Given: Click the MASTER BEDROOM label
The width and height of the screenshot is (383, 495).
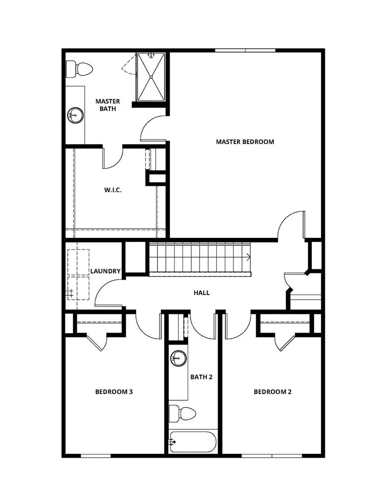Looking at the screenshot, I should click(x=245, y=141).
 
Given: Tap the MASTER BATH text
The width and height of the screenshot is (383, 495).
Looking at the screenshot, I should click(x=107, y=105).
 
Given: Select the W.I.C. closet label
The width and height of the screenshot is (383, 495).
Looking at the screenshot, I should click(x=113, y=190).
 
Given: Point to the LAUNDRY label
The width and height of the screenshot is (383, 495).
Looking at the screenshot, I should click(x=106, y=271).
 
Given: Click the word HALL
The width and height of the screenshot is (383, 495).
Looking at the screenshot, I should click(x=201, y=293).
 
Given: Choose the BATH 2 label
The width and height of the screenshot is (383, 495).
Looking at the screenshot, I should click(x=201, y=376).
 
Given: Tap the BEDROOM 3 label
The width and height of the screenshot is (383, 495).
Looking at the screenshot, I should click(x=114, y=392).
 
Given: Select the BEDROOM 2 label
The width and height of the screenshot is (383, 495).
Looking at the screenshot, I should click(x=272, y=392).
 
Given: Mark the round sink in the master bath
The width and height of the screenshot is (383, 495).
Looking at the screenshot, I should click(x=76, y=115).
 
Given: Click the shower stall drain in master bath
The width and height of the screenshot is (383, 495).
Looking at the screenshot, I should click(x=151, y=77).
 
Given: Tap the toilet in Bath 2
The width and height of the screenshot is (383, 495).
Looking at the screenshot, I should click(x=182, y=413).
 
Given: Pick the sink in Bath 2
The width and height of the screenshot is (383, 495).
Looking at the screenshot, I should click(x=178, y=358).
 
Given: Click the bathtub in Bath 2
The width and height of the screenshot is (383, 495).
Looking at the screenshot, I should click(x=193, y=442).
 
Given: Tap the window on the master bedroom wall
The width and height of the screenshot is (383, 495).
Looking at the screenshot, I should click(x=245, y=51).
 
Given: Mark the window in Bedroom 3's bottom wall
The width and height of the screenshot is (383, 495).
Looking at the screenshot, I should click(x=96, y=456).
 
